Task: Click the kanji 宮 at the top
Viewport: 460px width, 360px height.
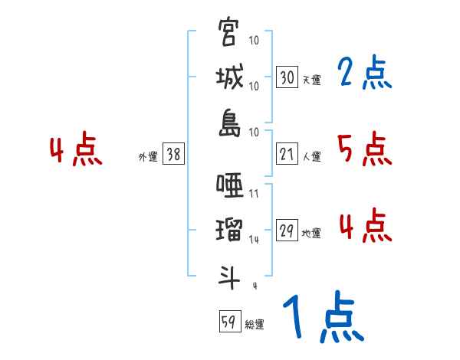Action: (x=228, y=33)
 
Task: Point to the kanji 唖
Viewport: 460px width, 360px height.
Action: (x=228, y=185)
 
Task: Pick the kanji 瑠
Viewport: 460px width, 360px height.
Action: (x=228, y=230)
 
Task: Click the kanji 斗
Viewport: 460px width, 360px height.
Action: (x=228, y=276)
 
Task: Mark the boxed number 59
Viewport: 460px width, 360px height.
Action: (x=228, y=322)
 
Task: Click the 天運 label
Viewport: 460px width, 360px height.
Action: (x=311, y=80)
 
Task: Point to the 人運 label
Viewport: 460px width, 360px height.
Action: (x=311, y=157)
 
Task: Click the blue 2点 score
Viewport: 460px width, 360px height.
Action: (x=365, y=74)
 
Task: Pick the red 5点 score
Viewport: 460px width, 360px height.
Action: (x=365, y=149)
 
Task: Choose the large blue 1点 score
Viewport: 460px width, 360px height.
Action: (x=322, y=318)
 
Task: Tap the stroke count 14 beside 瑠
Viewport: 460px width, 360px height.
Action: (x=254, y=240)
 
